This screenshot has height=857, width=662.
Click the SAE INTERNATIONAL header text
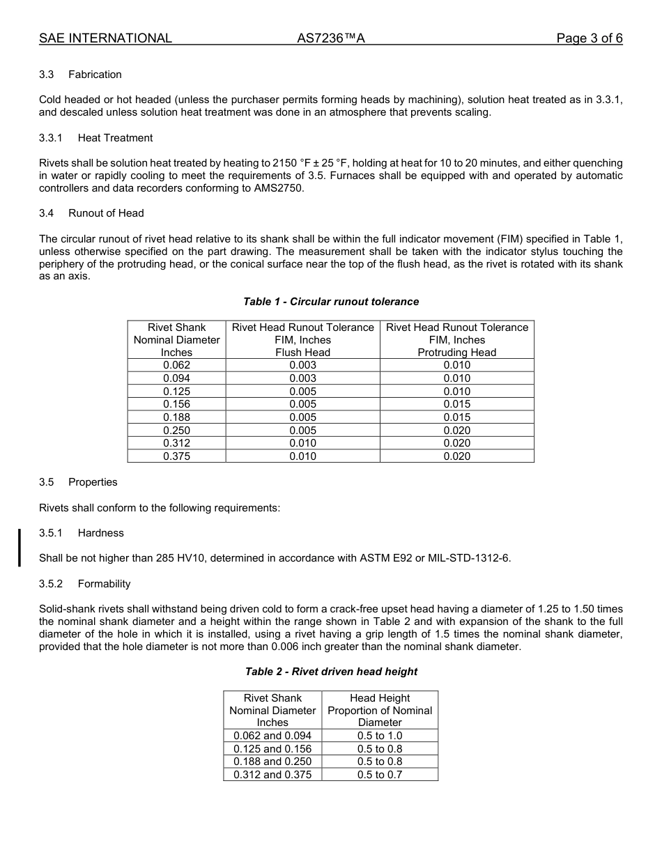point(105,38)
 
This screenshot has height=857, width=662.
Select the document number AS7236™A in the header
point(331,38)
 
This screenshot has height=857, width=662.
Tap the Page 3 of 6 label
point(589,38)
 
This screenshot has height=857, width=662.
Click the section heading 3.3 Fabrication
point(80,75)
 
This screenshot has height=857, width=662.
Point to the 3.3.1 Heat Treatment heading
point(95,138)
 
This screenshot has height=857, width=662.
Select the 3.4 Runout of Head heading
point(91,213)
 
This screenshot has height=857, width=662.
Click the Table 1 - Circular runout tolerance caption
point(331,302)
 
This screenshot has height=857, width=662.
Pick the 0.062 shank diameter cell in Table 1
point(176,365)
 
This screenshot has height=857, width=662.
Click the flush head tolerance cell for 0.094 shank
point(302,378)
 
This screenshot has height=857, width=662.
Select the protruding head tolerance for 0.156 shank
point(456,404)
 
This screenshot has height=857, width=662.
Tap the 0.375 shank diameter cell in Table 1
point(176,456)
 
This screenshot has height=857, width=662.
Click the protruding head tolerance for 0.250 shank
point(456,431)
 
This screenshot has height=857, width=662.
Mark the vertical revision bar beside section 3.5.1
point(20,547)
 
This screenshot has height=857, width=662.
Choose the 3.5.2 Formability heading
point(84,584)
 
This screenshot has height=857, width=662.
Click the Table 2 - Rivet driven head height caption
point(331,672)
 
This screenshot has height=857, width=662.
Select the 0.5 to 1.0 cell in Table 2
point(380,736)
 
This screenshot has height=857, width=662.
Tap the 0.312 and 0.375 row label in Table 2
point(272,775)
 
